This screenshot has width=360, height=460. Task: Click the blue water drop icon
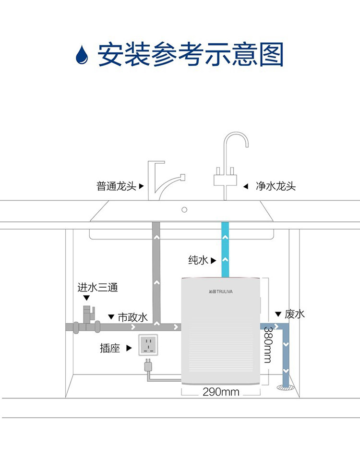click(82, 55)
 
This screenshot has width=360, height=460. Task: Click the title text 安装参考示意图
click(191, 55)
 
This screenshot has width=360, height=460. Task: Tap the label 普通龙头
click(116, 186)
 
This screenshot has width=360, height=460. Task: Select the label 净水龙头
click(276, 186)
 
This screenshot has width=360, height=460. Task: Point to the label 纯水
click(198, 260)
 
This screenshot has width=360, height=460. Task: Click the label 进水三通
click(97, 287)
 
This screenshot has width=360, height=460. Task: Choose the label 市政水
click(133, 317)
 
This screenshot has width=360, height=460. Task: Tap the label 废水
click(295, 314)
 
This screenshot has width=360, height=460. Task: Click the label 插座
click(110, 348)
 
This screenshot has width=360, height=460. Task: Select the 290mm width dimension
click(221, 392)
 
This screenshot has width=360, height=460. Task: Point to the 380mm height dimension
click(268, 345)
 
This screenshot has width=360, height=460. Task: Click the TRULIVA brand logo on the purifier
click(220, 291)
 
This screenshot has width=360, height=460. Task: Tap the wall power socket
click(148, 345)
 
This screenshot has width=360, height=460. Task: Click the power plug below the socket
click(148, 365)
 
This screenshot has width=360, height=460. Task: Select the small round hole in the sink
click(184, 210)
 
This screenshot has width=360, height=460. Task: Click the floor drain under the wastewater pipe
click(286, 387)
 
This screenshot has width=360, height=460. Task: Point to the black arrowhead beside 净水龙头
click(246, 186)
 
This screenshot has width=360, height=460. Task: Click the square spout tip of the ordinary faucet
click(182, 177)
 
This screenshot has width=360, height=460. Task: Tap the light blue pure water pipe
click(225, 249)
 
